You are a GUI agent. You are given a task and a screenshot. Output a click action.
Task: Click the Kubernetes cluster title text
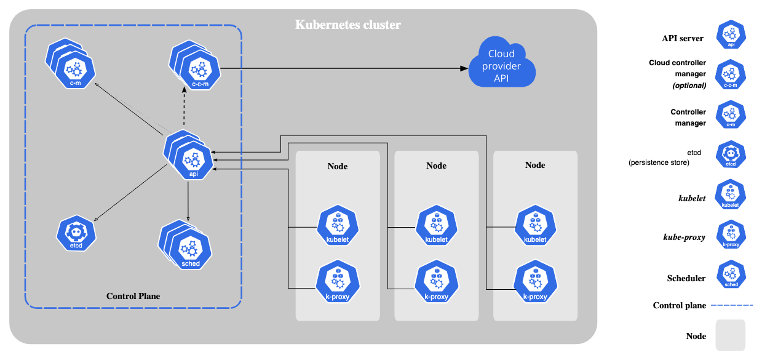tap(348, 25)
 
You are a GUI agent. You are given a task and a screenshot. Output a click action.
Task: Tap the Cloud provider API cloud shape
tap(501, 65)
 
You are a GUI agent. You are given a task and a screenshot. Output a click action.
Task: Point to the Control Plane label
tap(133, 296)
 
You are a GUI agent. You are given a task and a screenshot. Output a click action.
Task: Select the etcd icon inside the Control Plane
tap(77, 234)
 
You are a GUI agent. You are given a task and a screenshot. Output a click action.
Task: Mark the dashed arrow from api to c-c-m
tap(184, 108)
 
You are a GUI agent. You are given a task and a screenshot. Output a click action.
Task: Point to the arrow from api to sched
tap(188, 200)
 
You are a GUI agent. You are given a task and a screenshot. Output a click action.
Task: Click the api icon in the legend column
tap(731, 34)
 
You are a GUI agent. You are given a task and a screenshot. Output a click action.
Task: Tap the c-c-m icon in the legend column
tap(730, 74)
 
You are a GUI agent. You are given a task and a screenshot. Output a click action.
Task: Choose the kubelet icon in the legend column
tap(730, 194)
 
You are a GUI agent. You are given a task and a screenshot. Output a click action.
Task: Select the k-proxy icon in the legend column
tap(731, 234)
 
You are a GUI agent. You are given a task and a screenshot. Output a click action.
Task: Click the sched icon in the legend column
tap(731, 274)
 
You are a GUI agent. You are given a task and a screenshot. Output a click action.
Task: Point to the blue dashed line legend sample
tap(731, 305)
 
